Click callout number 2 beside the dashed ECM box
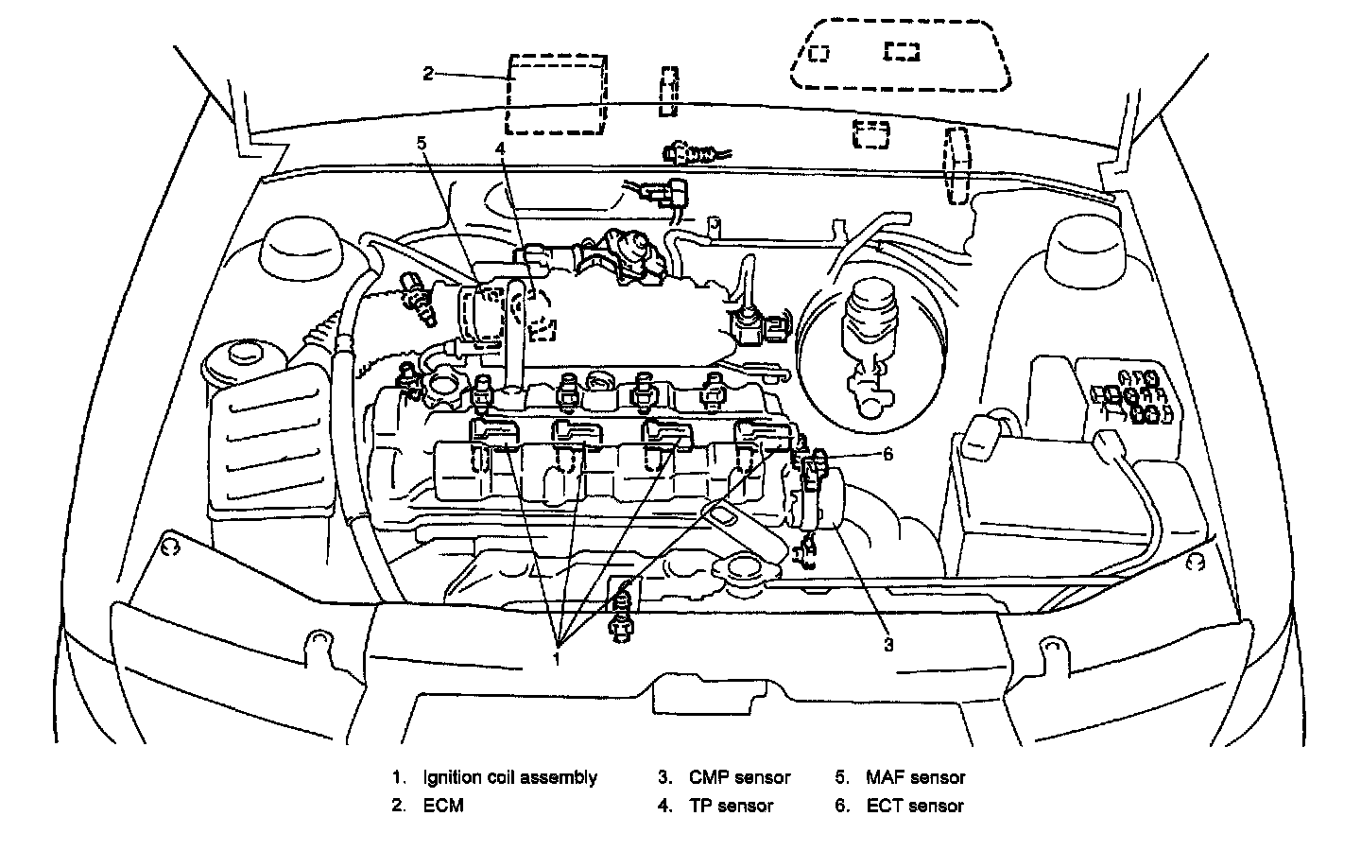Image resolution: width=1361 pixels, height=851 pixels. [428, 74]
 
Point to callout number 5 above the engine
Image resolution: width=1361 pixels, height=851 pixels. [422, 144]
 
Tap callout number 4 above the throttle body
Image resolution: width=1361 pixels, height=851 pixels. [500, 149]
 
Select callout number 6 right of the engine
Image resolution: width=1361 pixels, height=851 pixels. [887, 454]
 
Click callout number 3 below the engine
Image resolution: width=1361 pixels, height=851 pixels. [888, 645]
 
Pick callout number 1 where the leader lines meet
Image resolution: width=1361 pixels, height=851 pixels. [558, 657]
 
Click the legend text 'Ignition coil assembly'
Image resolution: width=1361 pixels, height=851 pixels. [510, 778]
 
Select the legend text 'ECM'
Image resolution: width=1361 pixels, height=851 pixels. [443, 807]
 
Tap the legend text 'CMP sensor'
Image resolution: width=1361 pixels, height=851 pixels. [739, 778]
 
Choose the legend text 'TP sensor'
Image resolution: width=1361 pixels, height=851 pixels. [731, 807]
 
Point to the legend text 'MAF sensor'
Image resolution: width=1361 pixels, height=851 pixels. [915, 778]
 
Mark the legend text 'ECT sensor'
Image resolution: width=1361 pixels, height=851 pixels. [915, 807]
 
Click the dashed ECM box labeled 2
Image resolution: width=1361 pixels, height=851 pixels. [556, 96]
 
